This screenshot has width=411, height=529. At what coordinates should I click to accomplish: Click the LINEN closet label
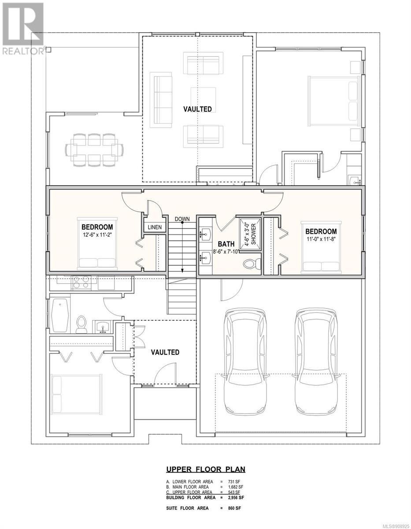[155, 227]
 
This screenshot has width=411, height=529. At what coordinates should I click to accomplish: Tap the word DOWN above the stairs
[182, 219]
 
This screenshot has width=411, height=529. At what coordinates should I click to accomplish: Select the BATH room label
[226, 244]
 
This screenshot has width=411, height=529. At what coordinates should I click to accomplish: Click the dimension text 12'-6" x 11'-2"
[97, 235]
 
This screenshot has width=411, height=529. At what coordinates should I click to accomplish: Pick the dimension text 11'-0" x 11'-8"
[321, 239]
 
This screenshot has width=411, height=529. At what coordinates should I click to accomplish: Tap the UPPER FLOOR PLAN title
[206, 469]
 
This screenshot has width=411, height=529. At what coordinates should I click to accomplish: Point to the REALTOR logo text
[23, 51]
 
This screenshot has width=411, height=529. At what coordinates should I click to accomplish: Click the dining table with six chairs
[94, 150]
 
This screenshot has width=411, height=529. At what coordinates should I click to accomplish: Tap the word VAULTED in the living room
[197, 109]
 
